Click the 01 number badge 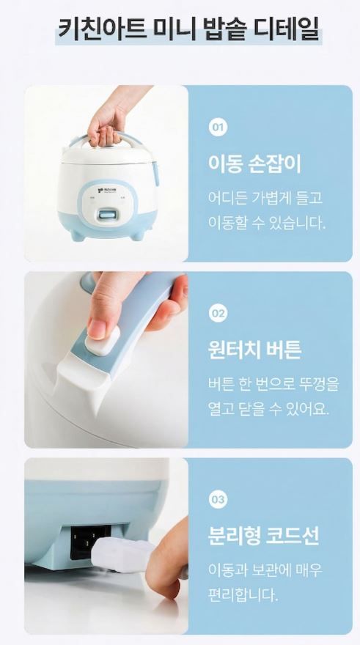coord(218,127)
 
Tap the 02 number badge coord(218,314)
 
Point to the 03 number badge coord(218,499)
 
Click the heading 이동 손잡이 coord(254,163)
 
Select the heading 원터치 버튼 coord(254,350)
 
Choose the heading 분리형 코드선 coord(263,536)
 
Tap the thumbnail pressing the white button coord(97,330)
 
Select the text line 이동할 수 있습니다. coord(267,223)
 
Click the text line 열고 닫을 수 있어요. coord(268,408)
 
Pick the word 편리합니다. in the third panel coord(243,594)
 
